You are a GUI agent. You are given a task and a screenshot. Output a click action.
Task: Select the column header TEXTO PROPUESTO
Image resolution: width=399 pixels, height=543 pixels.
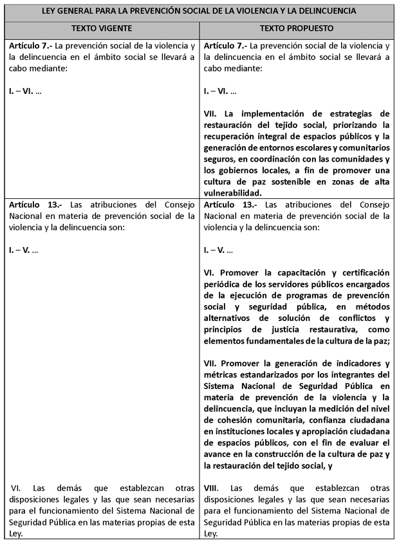click(296, 29)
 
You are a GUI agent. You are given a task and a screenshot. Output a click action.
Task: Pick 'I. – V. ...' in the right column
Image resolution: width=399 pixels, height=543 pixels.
click(218, 249)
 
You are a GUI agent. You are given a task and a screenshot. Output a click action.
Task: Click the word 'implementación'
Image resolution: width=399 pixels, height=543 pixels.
click(272, 113)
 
